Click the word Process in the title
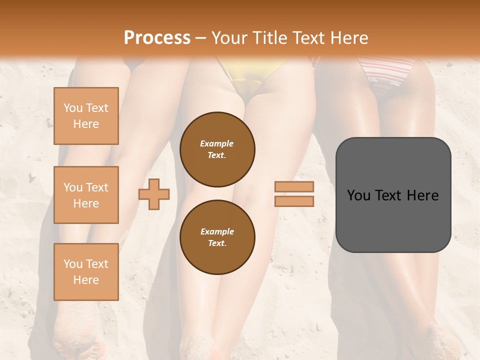pyautogui.click(x=157, y=38)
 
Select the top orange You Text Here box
pyautogui.click(x=86, y=116)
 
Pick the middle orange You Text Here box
pyautogui.click(x=86, y=195)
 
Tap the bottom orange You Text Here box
pyautogui.click(x=86, y=271)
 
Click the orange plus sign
pyautogui.click(x=154, y=193)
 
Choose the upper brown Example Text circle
pyautogui.click(x=217, y=149)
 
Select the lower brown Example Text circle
pyautogui.click(x=217, y=237)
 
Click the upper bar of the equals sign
pyautogui.click(x=294, y=186)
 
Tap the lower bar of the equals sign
pyautogui.click(x=294, y=201)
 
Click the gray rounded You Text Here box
pyautogui.click(x=393, y=195)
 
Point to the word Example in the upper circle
pyautogui.click(x=217, y=143)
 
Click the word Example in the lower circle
pyautogui.click(x=217, y=231)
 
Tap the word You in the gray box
pyautogui.click(x=358, y=195)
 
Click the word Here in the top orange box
pyautogui.click(x=86, y=124)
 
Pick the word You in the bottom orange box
pyautogui.click(x=73, y=264)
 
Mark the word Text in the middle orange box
pyautogui.click(x=96, y=187)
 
